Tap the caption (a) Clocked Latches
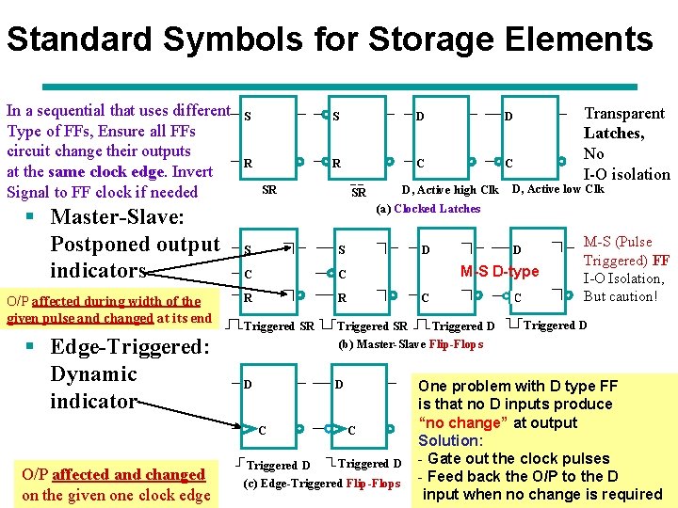point(428,209)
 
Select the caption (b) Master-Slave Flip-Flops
point(411,343)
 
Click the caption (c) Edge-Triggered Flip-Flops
point(322,484)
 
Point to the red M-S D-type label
point(499,272)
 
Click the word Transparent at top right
point(624,113)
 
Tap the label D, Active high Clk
point(450,190)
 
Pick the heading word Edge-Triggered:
point(130,346)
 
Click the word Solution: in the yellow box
point(450,440)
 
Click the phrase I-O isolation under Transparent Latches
point(627,174)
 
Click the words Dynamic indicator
point(94,388)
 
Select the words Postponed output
point(135,245)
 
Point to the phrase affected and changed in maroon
point(129,475)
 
